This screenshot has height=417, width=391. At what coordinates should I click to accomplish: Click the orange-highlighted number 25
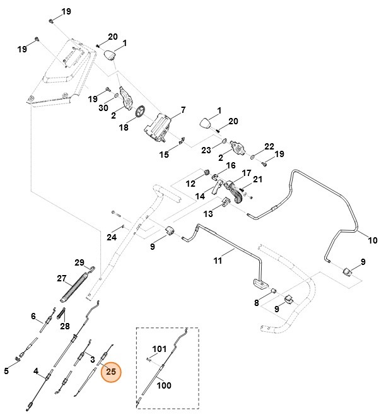click(111, 372)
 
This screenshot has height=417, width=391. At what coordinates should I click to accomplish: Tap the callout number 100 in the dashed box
click(164, 385)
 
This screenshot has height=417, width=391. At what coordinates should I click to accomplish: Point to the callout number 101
click(159, 349)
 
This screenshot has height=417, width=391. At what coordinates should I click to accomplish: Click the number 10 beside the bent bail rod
click(372, 240)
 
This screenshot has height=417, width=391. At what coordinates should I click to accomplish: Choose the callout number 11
click(218, 261)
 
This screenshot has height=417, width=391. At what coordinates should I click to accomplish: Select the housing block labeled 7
click(158, 128)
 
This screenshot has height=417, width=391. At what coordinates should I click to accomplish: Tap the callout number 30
click(103, 108)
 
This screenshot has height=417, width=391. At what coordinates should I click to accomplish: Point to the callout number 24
click(112, 237)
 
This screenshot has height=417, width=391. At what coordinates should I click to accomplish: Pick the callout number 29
click(79, 262)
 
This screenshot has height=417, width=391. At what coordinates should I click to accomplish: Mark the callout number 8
click(256, 303)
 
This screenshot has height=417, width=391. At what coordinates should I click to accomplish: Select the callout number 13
click(208, 214)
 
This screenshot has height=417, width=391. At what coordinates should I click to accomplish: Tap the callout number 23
click(206, 150)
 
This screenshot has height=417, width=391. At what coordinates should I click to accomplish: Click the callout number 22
click(269, 146)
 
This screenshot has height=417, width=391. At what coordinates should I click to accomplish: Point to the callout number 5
click(6, 371)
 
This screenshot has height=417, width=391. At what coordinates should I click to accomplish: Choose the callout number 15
click(164, 155)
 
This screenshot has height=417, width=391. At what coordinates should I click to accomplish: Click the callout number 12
click(190, 184)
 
